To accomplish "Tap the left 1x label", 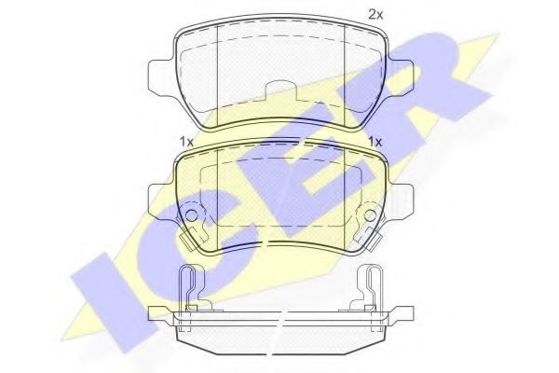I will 185,141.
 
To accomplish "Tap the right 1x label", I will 376,141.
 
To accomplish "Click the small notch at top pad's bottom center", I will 280,90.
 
